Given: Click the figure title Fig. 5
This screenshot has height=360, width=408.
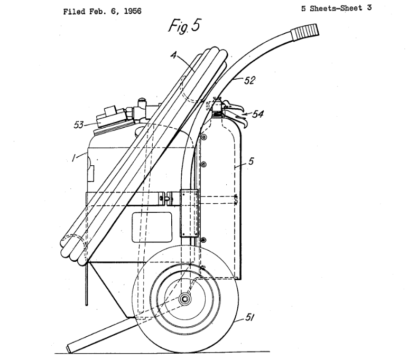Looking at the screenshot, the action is [x=185, y=26].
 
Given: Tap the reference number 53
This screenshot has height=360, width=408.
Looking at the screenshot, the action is [x=79, y=125].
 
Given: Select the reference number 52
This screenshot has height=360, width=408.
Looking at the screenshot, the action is [x=249, y=80].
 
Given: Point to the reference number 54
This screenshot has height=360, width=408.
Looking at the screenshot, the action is [x=258, y=114].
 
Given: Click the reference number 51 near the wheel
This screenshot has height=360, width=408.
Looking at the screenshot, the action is [x=249, y=317].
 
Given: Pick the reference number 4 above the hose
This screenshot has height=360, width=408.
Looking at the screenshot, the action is [x=174, y=55].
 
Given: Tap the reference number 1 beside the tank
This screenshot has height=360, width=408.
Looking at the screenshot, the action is [x=74, y=157].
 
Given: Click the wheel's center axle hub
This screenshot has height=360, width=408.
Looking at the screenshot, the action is [x=184, y=299].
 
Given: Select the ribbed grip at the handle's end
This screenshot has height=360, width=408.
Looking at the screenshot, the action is [x=305, y=32].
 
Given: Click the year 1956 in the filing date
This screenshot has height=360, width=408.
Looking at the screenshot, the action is [x=133, y=11].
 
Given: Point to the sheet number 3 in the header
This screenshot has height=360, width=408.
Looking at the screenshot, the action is [x=369, y=8].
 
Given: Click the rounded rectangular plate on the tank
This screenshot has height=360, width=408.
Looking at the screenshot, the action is [x=152, y=227].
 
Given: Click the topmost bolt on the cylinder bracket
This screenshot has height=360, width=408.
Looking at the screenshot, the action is [x=204, y=137].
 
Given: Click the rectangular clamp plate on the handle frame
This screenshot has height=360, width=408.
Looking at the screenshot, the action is [x=189, y=213].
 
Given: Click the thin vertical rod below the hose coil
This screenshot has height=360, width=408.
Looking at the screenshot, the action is [x=87, y=284].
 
